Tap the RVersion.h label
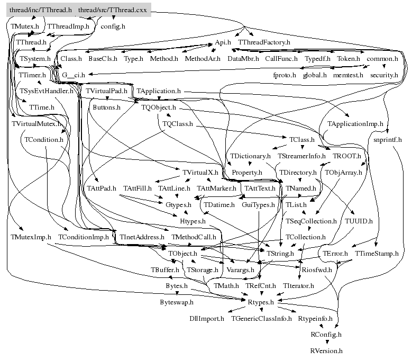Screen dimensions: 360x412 click(326, 350)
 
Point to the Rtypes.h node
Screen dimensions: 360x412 click(261, 302)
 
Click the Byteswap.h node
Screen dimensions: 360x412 click(177, 302)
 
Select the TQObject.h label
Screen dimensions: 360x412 click(158, 107)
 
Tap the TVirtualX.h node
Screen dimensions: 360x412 click(200, 173)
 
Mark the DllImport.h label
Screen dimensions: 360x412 click(207, 319)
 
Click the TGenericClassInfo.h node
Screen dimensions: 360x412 click(261, 319)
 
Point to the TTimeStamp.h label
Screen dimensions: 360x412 click(377, 254)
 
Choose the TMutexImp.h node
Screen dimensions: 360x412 click(31, 237)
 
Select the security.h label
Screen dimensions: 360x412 click(384, 75)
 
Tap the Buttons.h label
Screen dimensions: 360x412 click(106, 107)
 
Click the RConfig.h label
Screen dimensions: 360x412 click(326, 335)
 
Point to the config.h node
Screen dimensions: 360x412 click(113, 26)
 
